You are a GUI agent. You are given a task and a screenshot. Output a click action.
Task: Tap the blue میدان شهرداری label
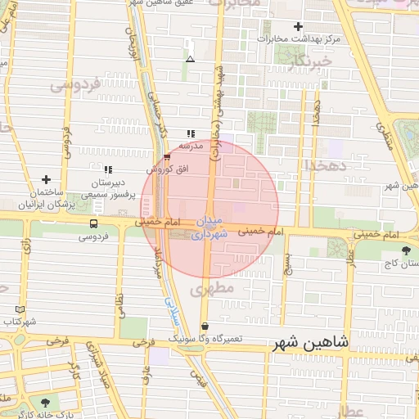coord(206,228)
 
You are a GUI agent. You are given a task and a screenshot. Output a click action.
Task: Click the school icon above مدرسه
coord(191,133)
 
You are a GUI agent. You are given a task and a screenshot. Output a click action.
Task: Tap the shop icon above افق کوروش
coord(167,156)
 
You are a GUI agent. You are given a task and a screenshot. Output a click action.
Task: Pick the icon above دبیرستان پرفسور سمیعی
coord(107,169)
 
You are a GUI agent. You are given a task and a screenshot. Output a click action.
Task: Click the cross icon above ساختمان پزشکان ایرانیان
coord(46,179)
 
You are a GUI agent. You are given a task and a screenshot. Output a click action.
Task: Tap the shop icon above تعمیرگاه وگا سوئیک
coord(204,326)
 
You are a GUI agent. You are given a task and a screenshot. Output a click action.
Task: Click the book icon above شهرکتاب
coord(20,310)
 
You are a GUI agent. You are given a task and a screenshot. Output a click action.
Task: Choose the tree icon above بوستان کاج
coord(406,250)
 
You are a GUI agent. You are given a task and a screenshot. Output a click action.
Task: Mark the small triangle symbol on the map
coord(190,59)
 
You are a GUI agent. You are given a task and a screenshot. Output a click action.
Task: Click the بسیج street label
coord(286,264)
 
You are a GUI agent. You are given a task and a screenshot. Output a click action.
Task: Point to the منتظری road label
coord(384,138)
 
